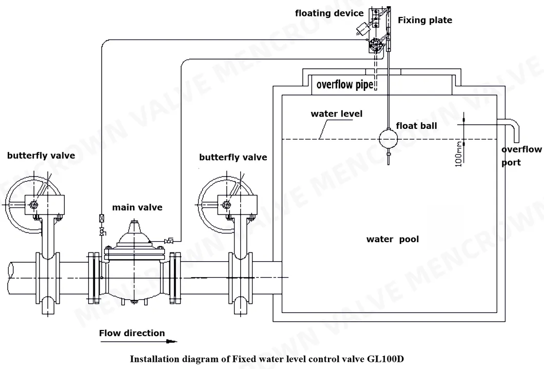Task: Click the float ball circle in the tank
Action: coord(388,139)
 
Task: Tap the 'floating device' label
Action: coord(329,13)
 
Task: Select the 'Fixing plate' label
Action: coord(425,21)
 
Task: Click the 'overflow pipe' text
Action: coord(344,85)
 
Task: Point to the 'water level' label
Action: coord(336,113)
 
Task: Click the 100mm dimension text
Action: coord(459,153)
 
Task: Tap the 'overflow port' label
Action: coord(521,156)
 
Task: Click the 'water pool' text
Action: coord(392,239)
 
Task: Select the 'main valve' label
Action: coord(137,207)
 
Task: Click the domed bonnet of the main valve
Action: coord(134,234)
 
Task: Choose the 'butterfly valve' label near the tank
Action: coord(233,157)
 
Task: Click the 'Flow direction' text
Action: coord(132,333)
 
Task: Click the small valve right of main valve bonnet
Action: coord(169,240)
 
